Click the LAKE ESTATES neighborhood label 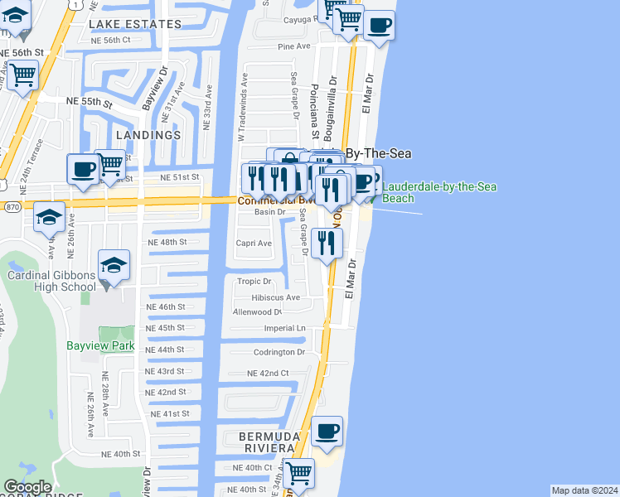click(x=135, y=24)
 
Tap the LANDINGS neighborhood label click(x=148, y=134)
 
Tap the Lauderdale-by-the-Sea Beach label click(x=439, y=192)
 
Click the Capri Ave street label click(x=254, y=244)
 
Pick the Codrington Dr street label click(x=279, y=352)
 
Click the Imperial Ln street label click(x=284, y=328)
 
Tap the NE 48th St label click(x=167, y=243)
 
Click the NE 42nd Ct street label click(x=267, y=374)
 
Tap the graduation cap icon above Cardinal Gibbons click(x=114, y=265)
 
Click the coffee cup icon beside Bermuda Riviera click(x=327, y=432)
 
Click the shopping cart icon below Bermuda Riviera click(x=298, y=474)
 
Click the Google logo click(x=27, y=488)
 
